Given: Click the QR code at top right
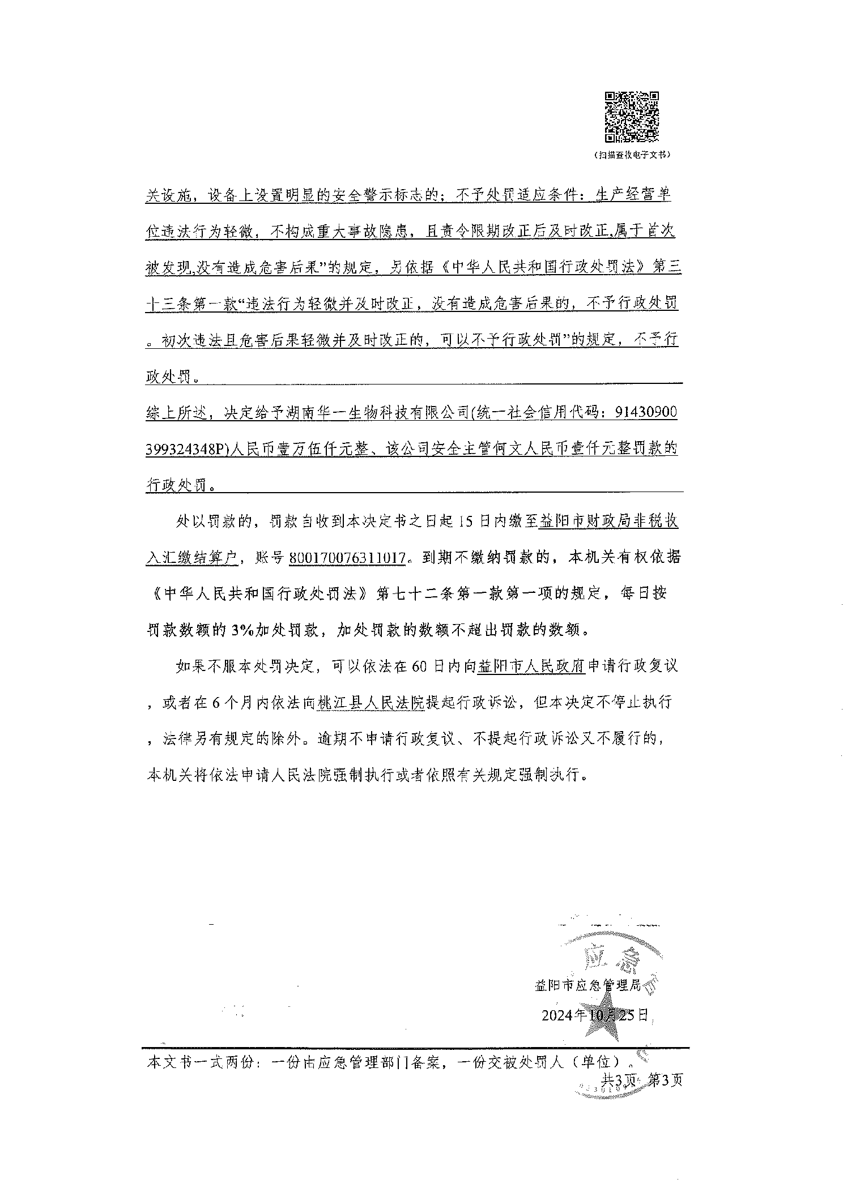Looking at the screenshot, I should tap(632, 117).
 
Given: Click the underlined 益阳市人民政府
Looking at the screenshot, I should tap(531, 666).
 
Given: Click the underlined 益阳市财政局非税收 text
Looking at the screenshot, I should tap(608, 522).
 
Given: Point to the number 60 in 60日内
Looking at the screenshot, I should tap(419, 666).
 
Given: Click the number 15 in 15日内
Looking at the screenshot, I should tap(466, 522).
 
